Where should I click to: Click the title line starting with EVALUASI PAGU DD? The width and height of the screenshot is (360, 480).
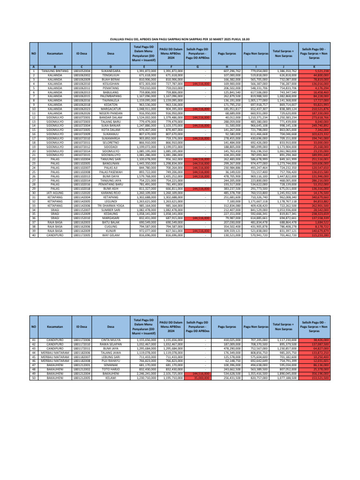(180, 40)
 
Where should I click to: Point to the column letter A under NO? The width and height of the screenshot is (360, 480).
(33, 67)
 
